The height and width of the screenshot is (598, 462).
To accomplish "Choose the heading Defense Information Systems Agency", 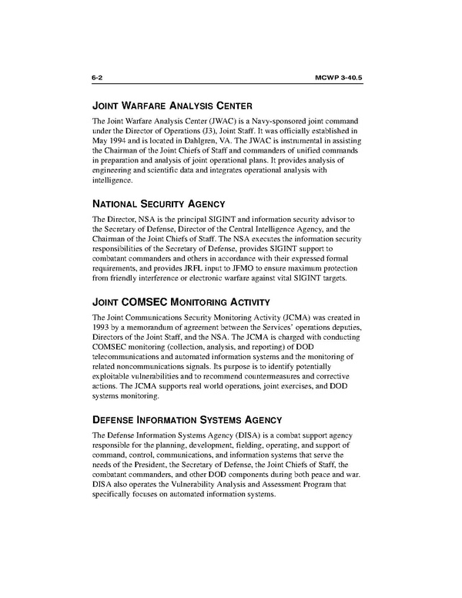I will click(x=192, y=422).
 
